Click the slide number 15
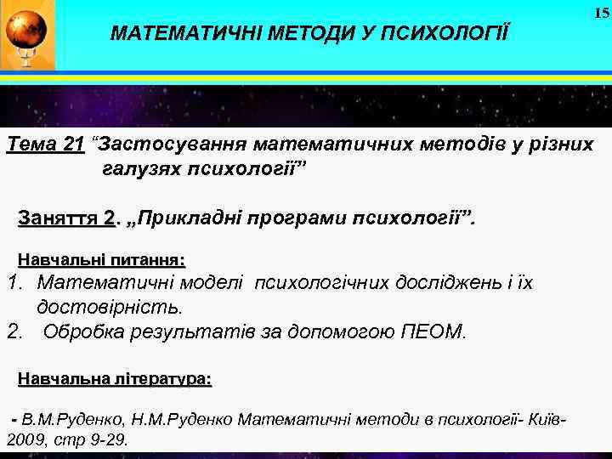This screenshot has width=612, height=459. (601, 13)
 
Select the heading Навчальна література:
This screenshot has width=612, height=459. (115, 379)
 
